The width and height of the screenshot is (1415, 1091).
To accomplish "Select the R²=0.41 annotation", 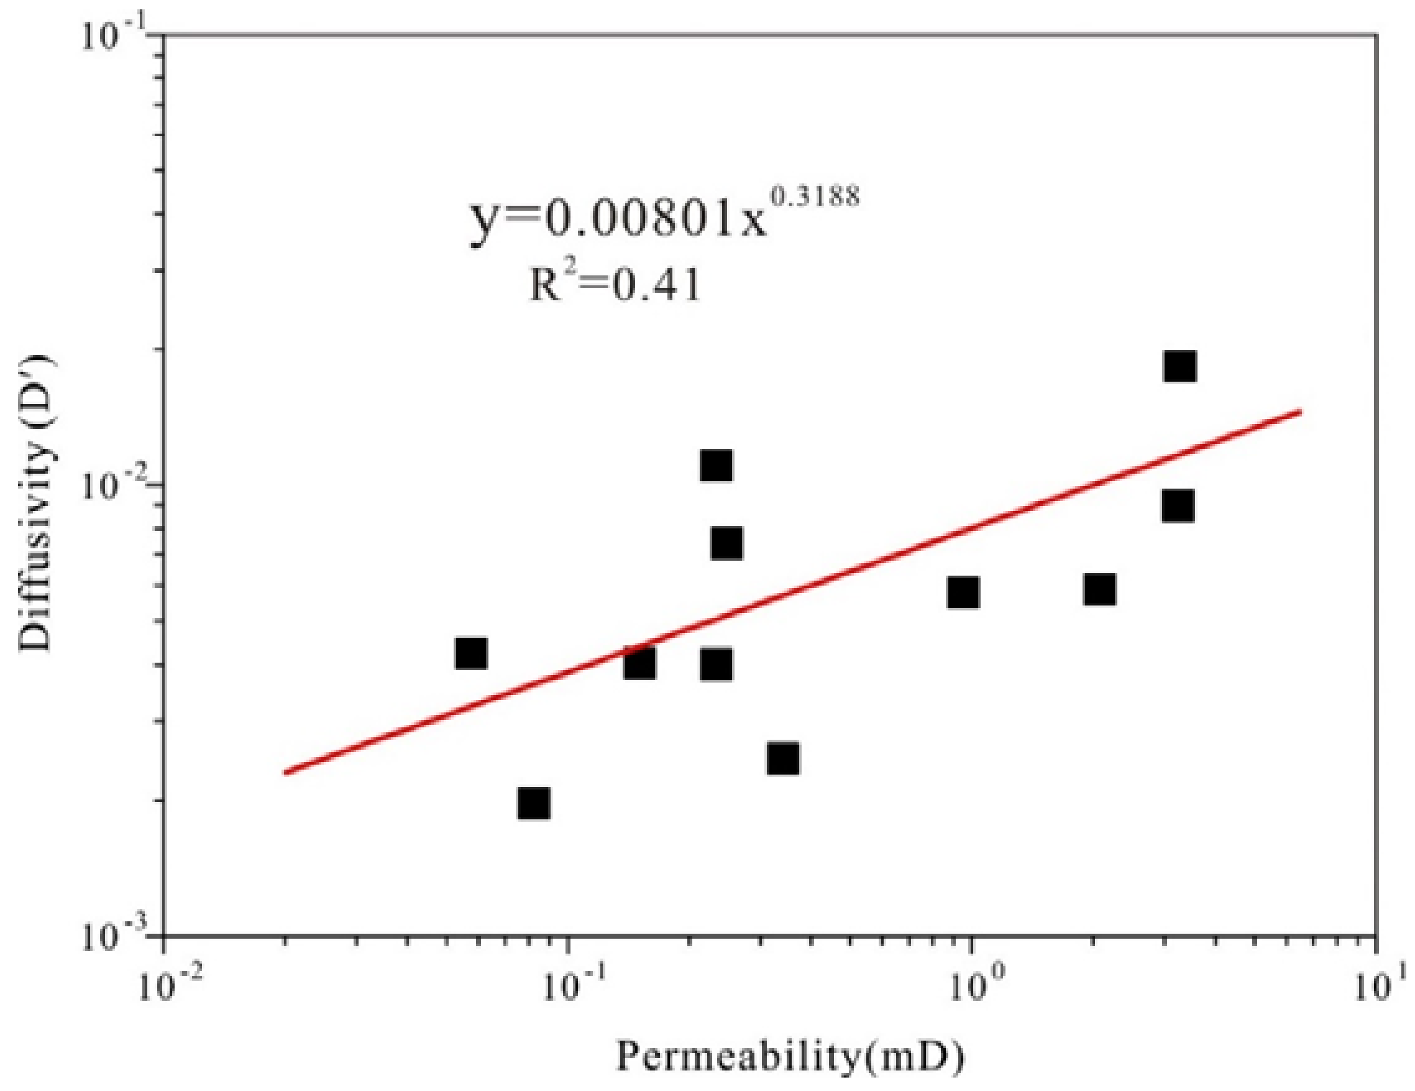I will click(x=615, y=285).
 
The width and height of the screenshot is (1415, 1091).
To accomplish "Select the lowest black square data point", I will click(x=534, y=804).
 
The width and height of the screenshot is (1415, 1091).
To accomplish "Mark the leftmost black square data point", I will click(x=471, y=653).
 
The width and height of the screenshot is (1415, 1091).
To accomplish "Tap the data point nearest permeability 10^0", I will click(x=963, y=592).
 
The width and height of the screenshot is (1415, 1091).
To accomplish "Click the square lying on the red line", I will click(x=639, y=663).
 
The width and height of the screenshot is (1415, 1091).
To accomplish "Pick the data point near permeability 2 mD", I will click(x=1099, y=589).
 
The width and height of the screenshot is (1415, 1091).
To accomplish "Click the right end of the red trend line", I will click(x=1299, y=410).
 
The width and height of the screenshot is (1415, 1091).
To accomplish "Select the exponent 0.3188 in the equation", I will click(x=817, y=195).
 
